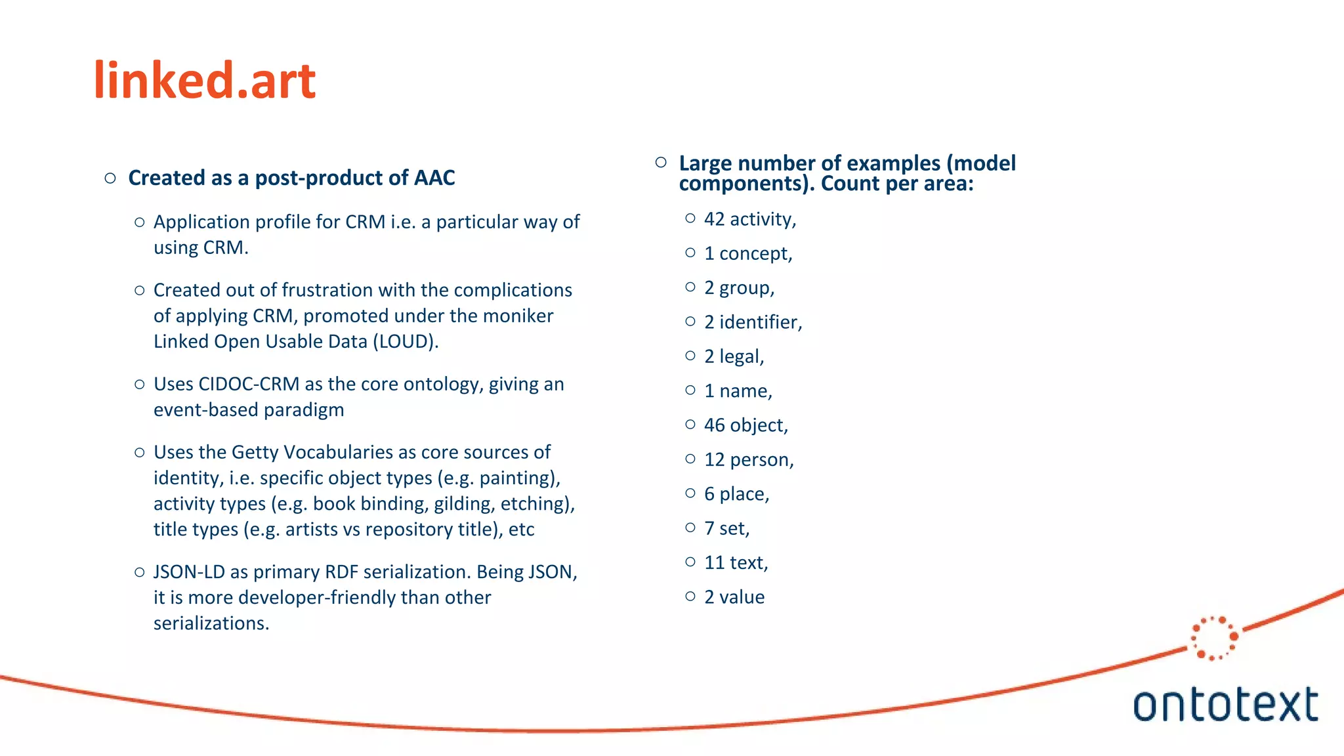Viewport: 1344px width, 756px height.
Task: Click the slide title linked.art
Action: [x=205, y=81]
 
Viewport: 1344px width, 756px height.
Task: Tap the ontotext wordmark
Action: [x=1225, y=705]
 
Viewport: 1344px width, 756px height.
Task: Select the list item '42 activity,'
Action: [x=749, y=219]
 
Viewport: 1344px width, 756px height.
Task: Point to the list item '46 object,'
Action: [x=745, y=425]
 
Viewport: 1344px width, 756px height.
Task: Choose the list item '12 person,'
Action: [x=748, y=459]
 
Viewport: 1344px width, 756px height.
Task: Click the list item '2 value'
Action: [x=734, y=597]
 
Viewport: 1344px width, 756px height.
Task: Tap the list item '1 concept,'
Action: [x=747, y=253]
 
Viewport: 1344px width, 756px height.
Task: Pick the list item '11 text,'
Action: [x=736, y=562]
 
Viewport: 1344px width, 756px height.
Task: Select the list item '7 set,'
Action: [x=726, y=528]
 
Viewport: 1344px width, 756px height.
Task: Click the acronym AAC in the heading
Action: [x=434, y=178]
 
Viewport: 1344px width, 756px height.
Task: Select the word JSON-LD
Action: [x=189, y=572]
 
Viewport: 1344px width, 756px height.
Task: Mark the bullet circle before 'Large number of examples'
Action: [x=661, y=162]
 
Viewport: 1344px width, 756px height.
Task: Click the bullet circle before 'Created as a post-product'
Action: [x=110, y=178]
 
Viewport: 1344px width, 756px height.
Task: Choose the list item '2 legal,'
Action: [x=734, y=356]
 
